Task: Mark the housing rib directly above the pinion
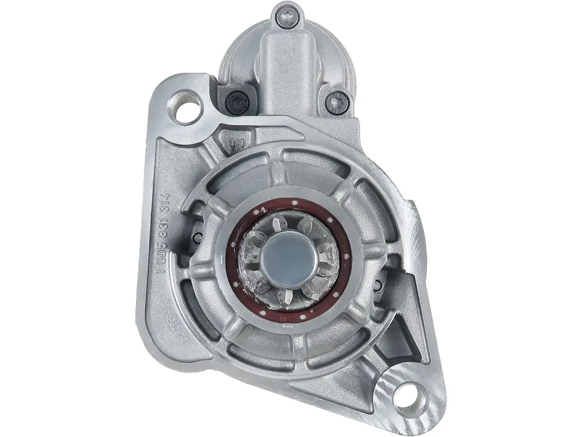tap(280, 174)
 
